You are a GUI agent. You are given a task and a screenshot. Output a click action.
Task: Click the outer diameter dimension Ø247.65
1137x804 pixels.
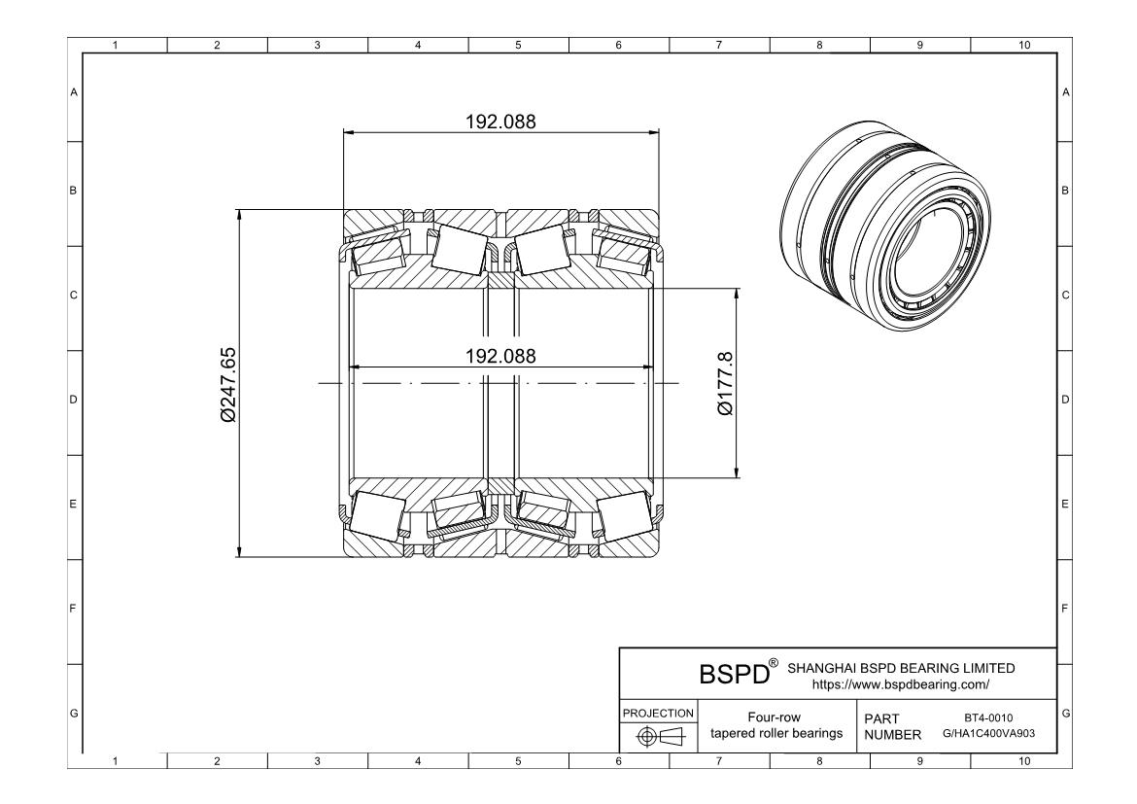pyautogui.click(x=228, y=384)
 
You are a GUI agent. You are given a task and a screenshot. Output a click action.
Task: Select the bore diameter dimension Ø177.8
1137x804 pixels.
pyautogui.click(x=725, y=384)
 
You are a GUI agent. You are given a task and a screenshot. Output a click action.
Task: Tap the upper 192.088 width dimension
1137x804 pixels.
pyautogui.click(x=500, y=122)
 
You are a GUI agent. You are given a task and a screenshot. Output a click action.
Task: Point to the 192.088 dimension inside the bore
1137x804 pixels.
pyautogui.click(x=500, y=356)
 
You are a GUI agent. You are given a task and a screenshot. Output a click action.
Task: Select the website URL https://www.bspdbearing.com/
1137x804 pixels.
pyautogui.click(x=899, y=684)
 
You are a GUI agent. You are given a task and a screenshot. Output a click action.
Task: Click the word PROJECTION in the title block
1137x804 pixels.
pyautogui.click(x=657, y=713)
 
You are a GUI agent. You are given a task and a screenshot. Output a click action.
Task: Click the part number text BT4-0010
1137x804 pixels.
pyautogui.click(x=988, y=717)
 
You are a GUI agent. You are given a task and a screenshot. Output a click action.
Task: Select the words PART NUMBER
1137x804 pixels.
pyautogui.click(x=891, y=726)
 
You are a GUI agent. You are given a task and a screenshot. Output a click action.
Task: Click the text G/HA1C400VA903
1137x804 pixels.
pyautogui.click(x=988, y=733)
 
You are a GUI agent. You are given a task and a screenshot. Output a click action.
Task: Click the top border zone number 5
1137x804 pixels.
pyautogui.click(x=517, y=44)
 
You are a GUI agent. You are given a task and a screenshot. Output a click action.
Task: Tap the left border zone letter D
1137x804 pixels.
pyautogui.click(x=73, y=399)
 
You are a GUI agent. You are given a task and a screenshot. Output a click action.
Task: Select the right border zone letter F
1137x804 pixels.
pyautogui.click(x=1066, y=610)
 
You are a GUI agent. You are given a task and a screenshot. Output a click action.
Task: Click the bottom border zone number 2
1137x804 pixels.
pyautogui.click(x=216, y=763)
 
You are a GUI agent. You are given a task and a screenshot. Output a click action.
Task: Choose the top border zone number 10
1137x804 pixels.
pyautogui.click(x=1021, y=44)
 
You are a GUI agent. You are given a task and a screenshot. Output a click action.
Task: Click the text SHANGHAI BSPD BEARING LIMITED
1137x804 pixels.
pyautogui.click(x=901, y=668)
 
